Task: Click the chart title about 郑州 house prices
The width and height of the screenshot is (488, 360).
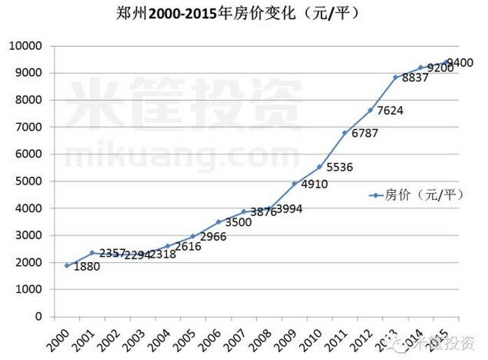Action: click(244, 13)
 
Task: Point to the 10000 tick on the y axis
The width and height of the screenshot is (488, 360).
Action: click(26, 46)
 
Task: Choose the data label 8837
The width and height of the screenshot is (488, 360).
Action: click(415, 78)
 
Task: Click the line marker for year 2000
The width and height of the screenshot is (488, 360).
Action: click(66, 266)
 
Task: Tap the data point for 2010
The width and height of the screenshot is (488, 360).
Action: click(319, 167)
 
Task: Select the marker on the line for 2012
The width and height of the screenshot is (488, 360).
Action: click(370, 110)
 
